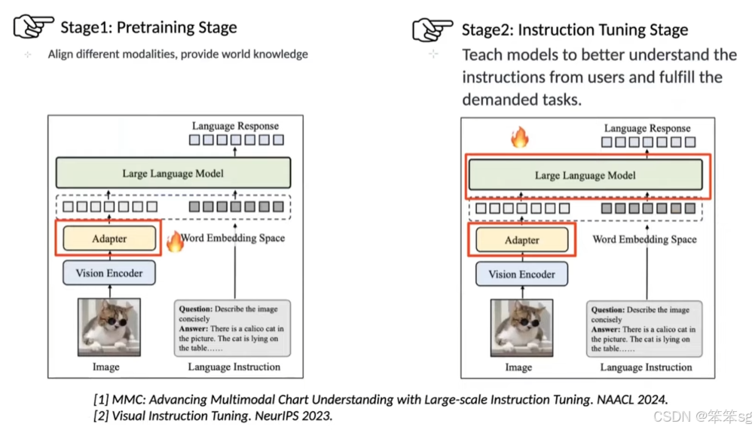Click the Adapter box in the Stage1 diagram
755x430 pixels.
109,239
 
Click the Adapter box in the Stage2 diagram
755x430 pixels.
521,240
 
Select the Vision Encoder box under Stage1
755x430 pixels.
109,273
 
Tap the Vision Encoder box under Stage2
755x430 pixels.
521,275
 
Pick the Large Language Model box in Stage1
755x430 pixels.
173,174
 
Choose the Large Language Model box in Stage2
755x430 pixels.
585,176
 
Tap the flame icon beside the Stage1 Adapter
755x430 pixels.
175,241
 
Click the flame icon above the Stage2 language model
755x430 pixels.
519,137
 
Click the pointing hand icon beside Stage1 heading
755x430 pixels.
34,27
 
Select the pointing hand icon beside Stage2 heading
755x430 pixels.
433,29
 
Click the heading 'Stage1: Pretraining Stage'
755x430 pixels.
148,28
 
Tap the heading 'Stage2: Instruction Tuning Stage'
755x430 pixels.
574,30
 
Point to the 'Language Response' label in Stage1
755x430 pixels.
235,126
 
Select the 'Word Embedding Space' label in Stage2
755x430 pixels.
644,239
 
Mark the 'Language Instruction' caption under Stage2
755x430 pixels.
646,367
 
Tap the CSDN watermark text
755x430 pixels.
702,416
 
